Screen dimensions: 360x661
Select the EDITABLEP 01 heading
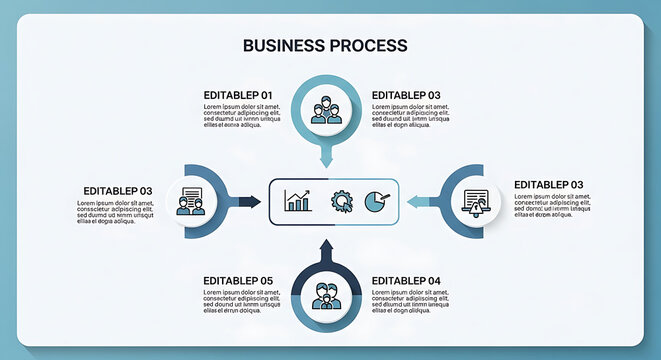pyautogui.click(x=238, y=95)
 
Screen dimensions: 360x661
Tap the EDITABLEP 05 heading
pyautogui.click(x=238, y=281)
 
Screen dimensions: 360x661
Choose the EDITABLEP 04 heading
pyautogui.click(x=406, y=281)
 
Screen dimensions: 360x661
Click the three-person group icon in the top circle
pyautogui.click(x=325, y=108)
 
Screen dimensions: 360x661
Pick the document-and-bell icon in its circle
pyautogui.click(x=475, y=201)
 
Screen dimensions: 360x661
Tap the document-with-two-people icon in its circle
pyautogui.click(x=190, y=201)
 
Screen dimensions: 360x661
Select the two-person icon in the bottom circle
pyautogui.click(x=325, y=297)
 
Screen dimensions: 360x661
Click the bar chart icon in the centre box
pyautogui.click(x=297, y=201)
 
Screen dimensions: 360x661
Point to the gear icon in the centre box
pyautogui.click(x=341, y=201)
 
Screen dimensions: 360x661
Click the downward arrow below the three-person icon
pyautogui.click(x=325, y=157)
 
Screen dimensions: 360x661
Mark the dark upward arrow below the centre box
pyautogui.click(x=325, y=248)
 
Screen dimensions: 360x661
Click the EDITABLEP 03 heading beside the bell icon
pyautogui.click(x=548, y=185)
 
